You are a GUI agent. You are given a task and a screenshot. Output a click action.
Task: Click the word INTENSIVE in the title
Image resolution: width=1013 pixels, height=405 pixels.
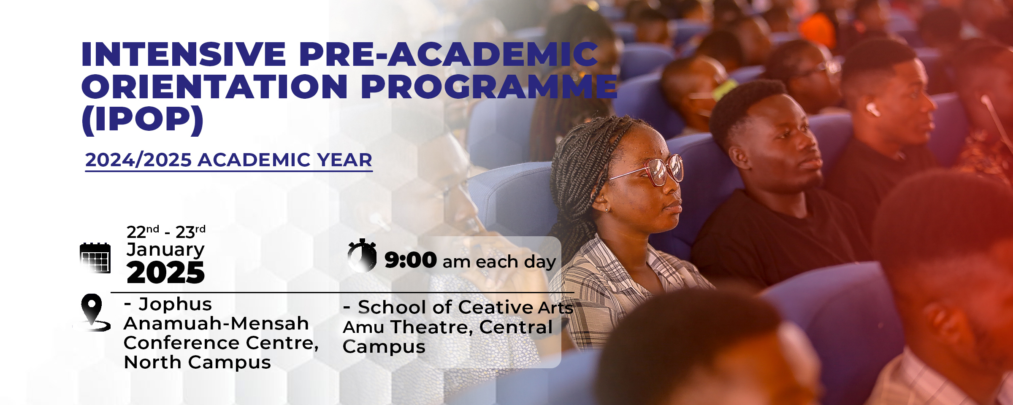click(184, 54)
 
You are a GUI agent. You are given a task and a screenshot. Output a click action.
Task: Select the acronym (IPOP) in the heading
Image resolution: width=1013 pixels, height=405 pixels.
click(143, 120)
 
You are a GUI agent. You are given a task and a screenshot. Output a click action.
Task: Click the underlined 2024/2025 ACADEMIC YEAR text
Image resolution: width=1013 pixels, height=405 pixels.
click(228, 160)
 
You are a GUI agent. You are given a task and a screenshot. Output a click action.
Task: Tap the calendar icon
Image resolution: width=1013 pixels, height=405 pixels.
click(95, 258)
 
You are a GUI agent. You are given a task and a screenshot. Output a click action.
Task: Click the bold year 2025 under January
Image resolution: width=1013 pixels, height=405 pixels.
click(165, 273)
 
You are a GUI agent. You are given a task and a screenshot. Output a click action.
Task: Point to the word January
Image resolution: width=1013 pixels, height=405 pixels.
click(165, 250)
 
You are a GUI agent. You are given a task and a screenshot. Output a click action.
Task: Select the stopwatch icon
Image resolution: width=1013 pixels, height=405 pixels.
click(362, 256)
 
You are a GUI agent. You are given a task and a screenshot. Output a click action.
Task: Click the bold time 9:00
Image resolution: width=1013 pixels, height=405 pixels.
click(410, 260)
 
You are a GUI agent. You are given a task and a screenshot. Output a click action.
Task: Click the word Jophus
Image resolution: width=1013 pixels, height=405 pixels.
click(175, 304)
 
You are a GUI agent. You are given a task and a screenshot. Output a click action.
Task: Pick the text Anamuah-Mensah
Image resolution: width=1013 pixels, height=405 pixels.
click(216, 324)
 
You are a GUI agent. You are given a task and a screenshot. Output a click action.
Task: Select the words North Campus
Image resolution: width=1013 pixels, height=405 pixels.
click(198, 362)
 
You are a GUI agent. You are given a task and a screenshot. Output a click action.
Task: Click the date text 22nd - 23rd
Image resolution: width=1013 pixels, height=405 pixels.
click(166, 232)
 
